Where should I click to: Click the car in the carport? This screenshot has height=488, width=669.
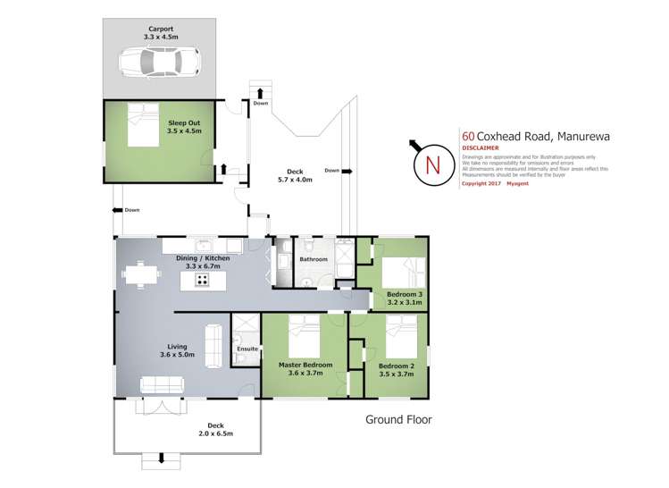point(160,62)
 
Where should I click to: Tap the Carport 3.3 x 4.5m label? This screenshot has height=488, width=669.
point(162,33)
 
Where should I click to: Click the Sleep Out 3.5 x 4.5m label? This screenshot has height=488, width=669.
point(184,126)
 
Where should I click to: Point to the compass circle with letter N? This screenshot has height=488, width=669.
point(432,165)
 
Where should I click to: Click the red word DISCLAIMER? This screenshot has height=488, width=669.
point(481,150)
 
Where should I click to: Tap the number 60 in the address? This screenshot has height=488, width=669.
point(467,137)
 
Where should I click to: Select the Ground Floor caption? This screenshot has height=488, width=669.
point(399,418)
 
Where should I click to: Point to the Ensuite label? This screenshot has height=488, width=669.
point(247,349)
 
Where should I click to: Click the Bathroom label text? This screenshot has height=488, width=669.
point(314,259)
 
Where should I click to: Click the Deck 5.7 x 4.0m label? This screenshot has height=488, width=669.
point(295,176)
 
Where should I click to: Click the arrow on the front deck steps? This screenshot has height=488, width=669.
point(162,459)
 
